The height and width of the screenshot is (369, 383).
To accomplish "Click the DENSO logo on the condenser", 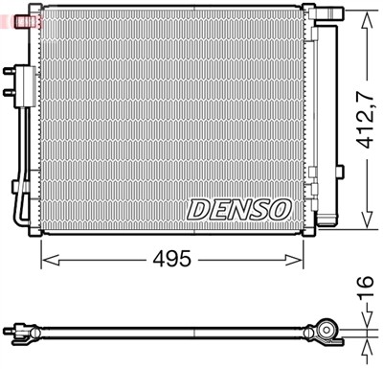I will click(239, 208).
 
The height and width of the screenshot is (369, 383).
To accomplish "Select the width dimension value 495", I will click(173, 260).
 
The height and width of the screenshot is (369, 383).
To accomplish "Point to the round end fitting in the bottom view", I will click(327, 333).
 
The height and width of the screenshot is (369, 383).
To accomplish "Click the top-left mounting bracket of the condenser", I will click(35, 12).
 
